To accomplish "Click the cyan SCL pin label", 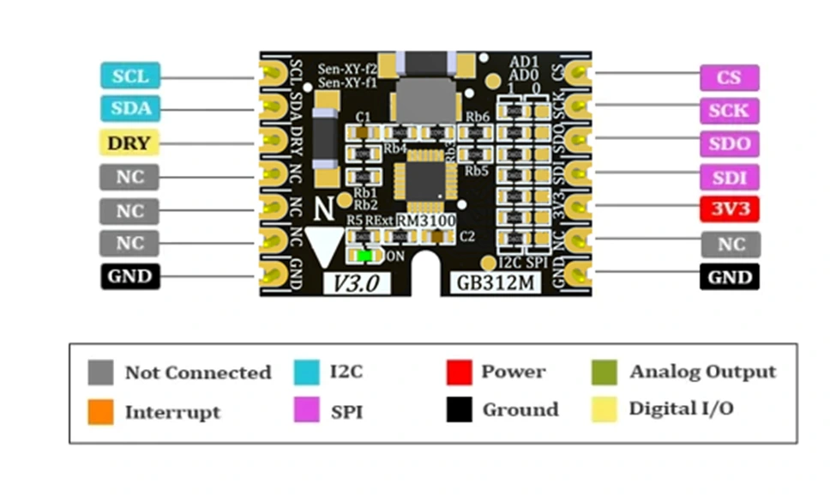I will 130,76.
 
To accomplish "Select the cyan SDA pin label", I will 130,109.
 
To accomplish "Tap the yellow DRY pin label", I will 130,142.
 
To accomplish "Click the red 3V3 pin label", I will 730,209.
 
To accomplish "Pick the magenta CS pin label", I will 730,77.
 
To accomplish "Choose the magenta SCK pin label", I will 730,110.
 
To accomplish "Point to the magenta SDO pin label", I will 730,143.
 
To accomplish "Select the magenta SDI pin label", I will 730,177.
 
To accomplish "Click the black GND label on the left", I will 130,276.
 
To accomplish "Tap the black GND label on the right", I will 730,277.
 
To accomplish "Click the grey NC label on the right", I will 730,244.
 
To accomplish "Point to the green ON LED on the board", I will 366,255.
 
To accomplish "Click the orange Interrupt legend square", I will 100,411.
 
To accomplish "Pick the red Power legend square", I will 459,373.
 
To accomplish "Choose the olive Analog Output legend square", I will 604,373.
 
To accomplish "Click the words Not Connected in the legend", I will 198,373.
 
